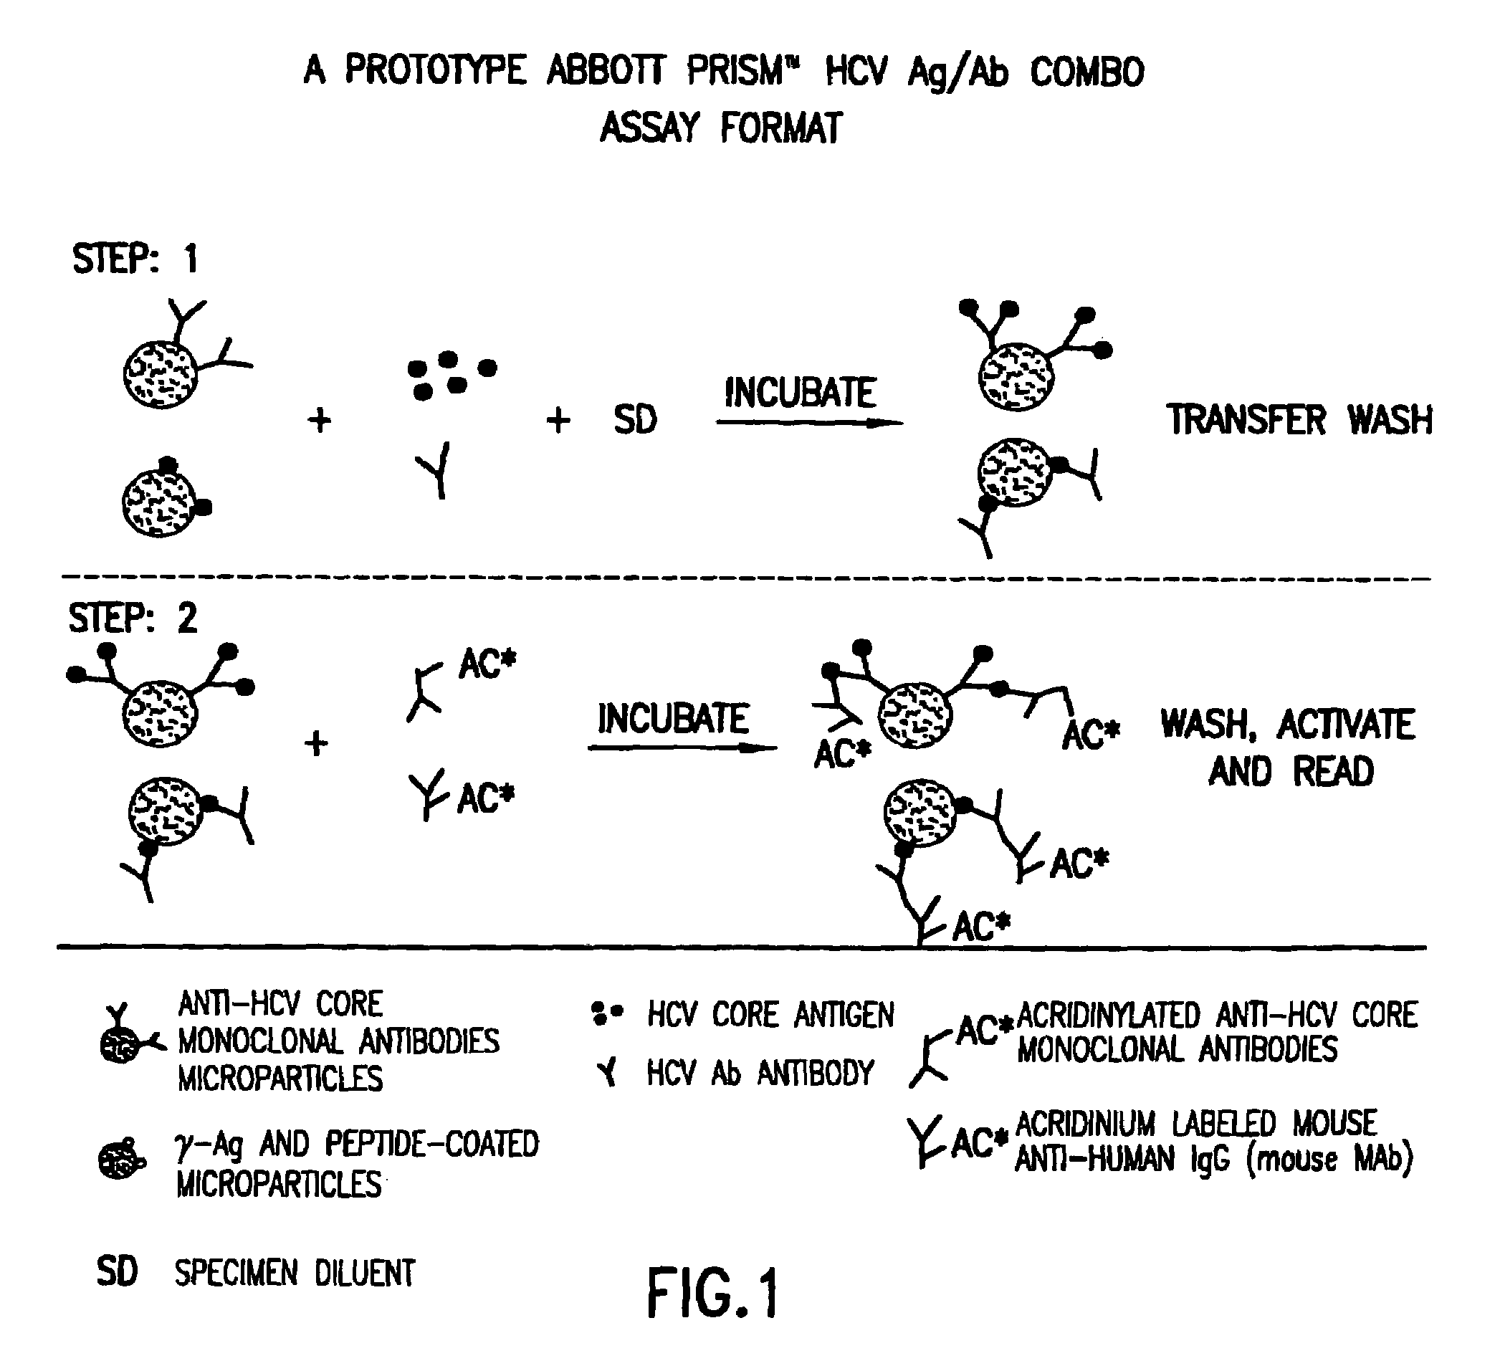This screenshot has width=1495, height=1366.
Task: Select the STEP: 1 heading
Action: point(135,259)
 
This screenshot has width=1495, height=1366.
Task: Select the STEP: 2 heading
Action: point(133,618)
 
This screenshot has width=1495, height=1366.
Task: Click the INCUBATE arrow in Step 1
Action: point(808,423)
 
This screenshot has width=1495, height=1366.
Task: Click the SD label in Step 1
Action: point(635,421)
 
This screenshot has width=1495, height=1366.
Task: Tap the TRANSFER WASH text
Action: point(1299,420)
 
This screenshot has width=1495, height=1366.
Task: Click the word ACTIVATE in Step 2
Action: point(1345,725)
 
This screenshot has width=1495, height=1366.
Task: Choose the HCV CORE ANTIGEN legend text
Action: point(770,1015)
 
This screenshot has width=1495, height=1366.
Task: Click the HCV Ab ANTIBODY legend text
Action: point(760,1072)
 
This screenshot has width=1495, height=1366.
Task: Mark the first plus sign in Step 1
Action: point(320,421)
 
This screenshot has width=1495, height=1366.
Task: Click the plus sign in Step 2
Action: point(317,742)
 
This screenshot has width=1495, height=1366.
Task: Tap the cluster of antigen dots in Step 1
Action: point(451,375)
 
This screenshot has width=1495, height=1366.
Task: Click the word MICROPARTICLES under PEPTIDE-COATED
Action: point(279,1183)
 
